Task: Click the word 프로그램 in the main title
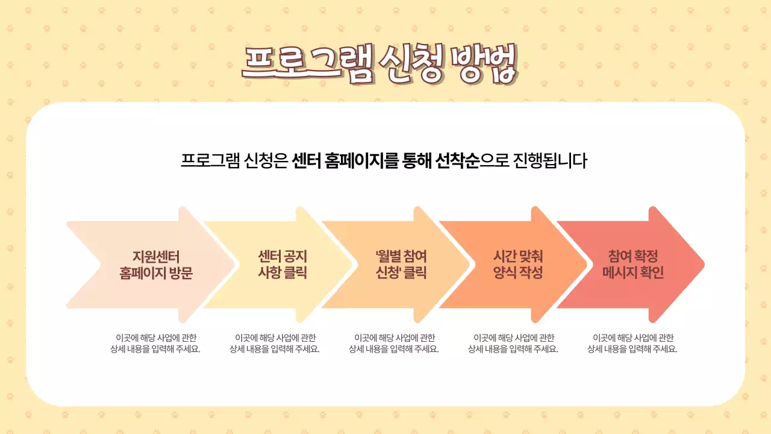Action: [x=307, y=62]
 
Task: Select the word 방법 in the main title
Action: [x=485, y=62]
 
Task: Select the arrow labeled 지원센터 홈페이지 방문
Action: [x=151, y=265]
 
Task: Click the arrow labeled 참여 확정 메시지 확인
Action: [x=632, y=265]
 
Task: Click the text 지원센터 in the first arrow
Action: [x=156, y=256]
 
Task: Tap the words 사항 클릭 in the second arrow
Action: [x=282, y=272]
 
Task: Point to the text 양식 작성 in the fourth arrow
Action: [x=518, y=272]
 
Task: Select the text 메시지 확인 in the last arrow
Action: [x=633, y=272]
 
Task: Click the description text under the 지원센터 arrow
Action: [x=155, y=343]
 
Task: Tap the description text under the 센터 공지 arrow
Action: [x=275, y=343]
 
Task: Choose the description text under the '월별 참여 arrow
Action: [x=394, y=343]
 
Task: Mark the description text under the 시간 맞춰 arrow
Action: [x=513, y=343]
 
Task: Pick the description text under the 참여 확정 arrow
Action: [x=632, y=343]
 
